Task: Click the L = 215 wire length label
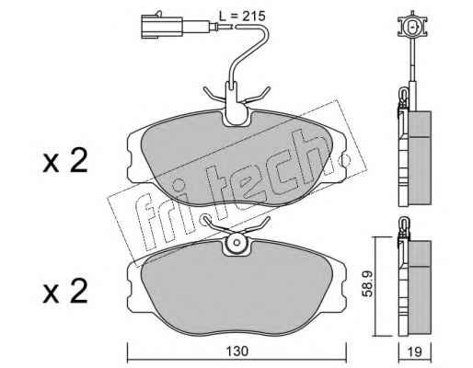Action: click(x=242, y=16)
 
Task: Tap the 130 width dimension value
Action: click(x=237, y=351)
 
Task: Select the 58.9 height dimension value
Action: click(x=367, y=283)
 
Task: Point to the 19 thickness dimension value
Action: click(x=415, y=351)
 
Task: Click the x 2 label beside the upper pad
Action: click(x=65, y=161)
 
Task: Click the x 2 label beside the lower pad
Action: click(x=65, y=292)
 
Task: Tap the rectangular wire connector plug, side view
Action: click(x=162, y=27)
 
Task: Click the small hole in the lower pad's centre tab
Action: click(x=236, y=243)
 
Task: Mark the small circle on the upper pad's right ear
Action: click(x=345, y=159)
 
